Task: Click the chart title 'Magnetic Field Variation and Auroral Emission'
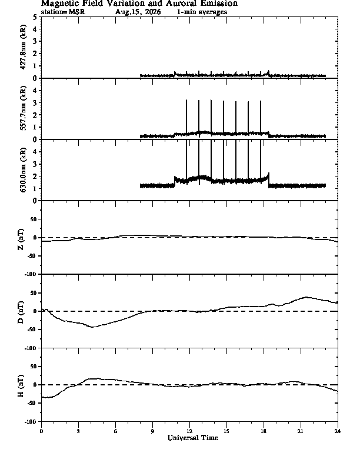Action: [139, 4]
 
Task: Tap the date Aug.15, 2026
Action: [138, 12]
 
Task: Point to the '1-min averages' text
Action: [202, 12]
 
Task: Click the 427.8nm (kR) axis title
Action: [23, 47]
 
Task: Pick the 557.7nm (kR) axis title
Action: [23, 108]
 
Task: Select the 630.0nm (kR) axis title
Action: [23, 169]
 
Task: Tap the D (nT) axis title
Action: [21, 312]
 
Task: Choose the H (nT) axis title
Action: [21, 385]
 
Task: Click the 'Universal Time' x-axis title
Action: [193, 438]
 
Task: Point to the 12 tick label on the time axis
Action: [189, 431]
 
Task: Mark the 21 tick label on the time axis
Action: [301, 431]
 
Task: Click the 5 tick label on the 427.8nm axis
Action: [35, 17]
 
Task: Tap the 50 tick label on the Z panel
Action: [34, 219]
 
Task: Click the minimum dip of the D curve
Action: [93, 327]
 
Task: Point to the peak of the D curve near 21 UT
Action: [306, 297]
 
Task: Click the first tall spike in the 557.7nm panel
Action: [186, 118]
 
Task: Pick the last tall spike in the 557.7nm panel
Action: [261, 118]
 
